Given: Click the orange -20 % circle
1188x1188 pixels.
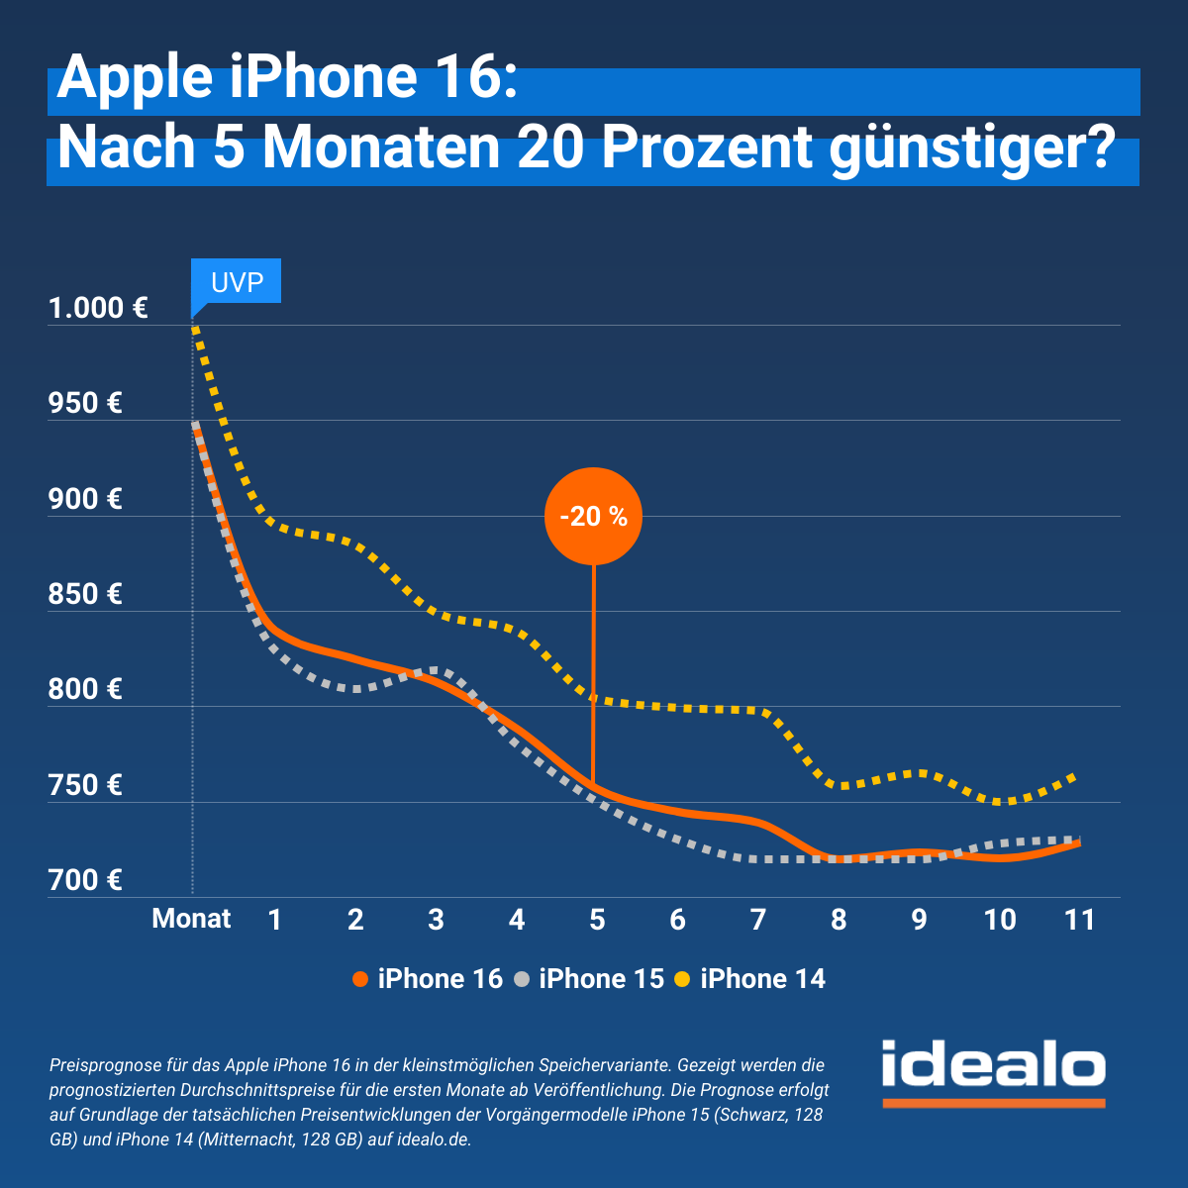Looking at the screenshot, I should pyautogui.click(x=593, y=516).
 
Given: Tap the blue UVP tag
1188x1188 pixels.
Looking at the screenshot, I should pyautogui.click(x=237, y=282).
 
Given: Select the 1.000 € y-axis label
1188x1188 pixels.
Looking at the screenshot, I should pyautogui.click(x=98, y=308).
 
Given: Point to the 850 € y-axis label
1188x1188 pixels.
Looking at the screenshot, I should pyautogui.click(x=85, y=594).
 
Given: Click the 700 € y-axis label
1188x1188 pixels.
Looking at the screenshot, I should pyautogui.click(x=85, y=880).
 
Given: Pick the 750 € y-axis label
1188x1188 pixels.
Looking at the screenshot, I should pyautogui.click(x=85, y=785).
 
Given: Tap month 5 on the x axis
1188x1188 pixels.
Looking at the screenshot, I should pyautogui.click(x=597, y=920).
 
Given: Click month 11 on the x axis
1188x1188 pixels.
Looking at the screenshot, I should pyautogui.click(x=1079, y=920).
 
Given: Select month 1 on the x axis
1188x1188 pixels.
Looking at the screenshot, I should pyautogui.click(x=275, y=920).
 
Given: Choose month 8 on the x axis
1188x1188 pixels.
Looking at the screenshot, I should pyautogui.click(x=839, y=920).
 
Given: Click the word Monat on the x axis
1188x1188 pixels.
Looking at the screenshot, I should pyautogui.click(x=191, y=919).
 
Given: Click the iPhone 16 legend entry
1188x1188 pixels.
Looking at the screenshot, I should pyautogui.click(x=428, y=979).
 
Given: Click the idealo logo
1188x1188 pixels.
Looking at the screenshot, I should pyautogui.click(x=993, y=1065).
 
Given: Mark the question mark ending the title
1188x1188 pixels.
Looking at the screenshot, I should pyautogui.click(x=1098, y=148).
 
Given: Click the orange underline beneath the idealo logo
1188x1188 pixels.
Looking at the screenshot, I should pyautogui.click(x=993, y=1102).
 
